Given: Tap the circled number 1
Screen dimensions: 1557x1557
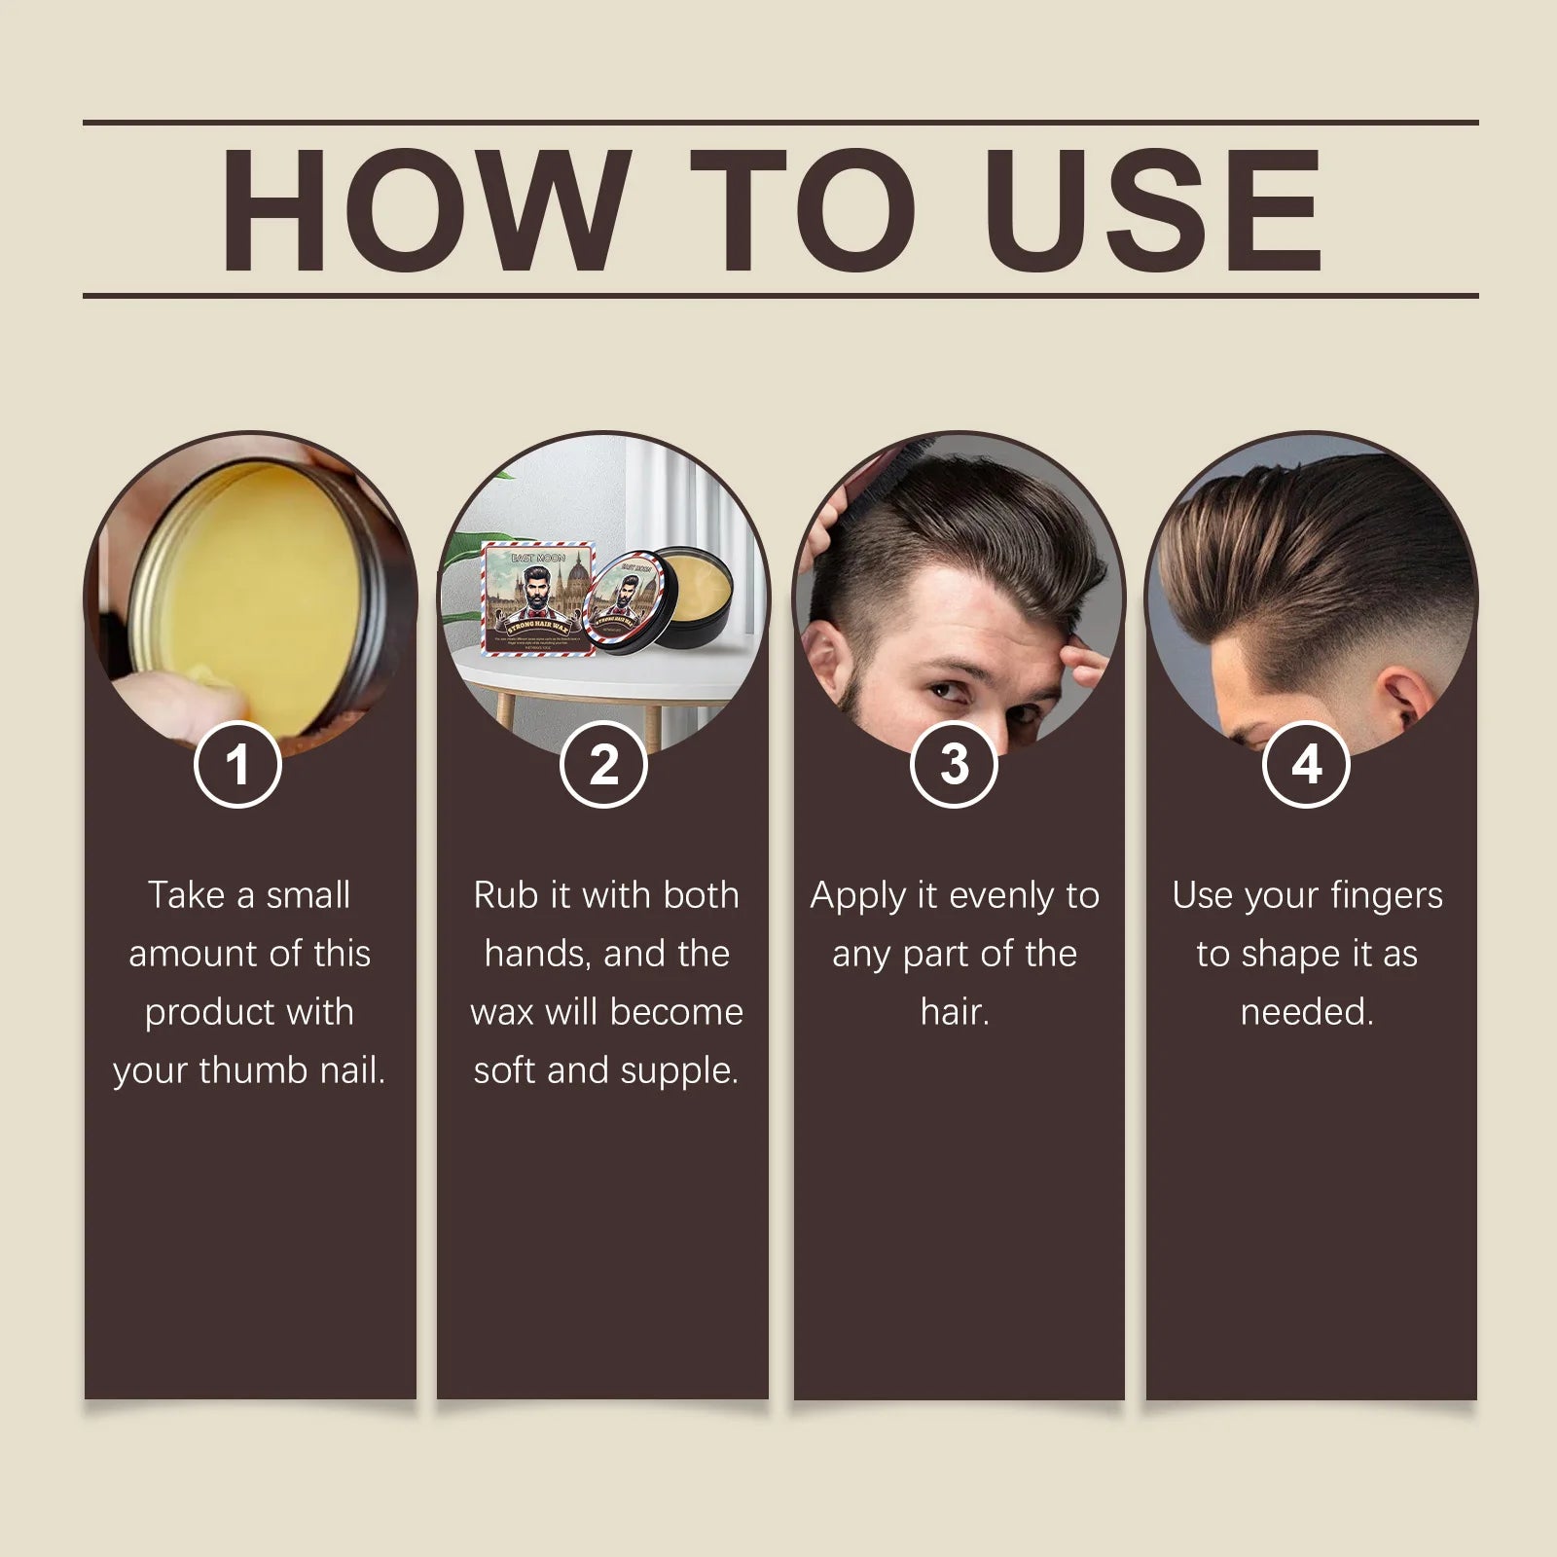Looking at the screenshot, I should (237, 765).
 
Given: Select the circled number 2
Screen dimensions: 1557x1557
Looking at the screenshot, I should (603, 765).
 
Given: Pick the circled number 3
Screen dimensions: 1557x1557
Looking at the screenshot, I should (955, 765).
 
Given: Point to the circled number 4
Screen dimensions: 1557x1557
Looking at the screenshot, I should (1306, 765).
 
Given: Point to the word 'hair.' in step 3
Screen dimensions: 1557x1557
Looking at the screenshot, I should (955, 1012).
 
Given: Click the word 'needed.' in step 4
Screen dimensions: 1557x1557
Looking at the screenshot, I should (1307, 1012).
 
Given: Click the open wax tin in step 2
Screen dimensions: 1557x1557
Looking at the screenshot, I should (671, 608).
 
